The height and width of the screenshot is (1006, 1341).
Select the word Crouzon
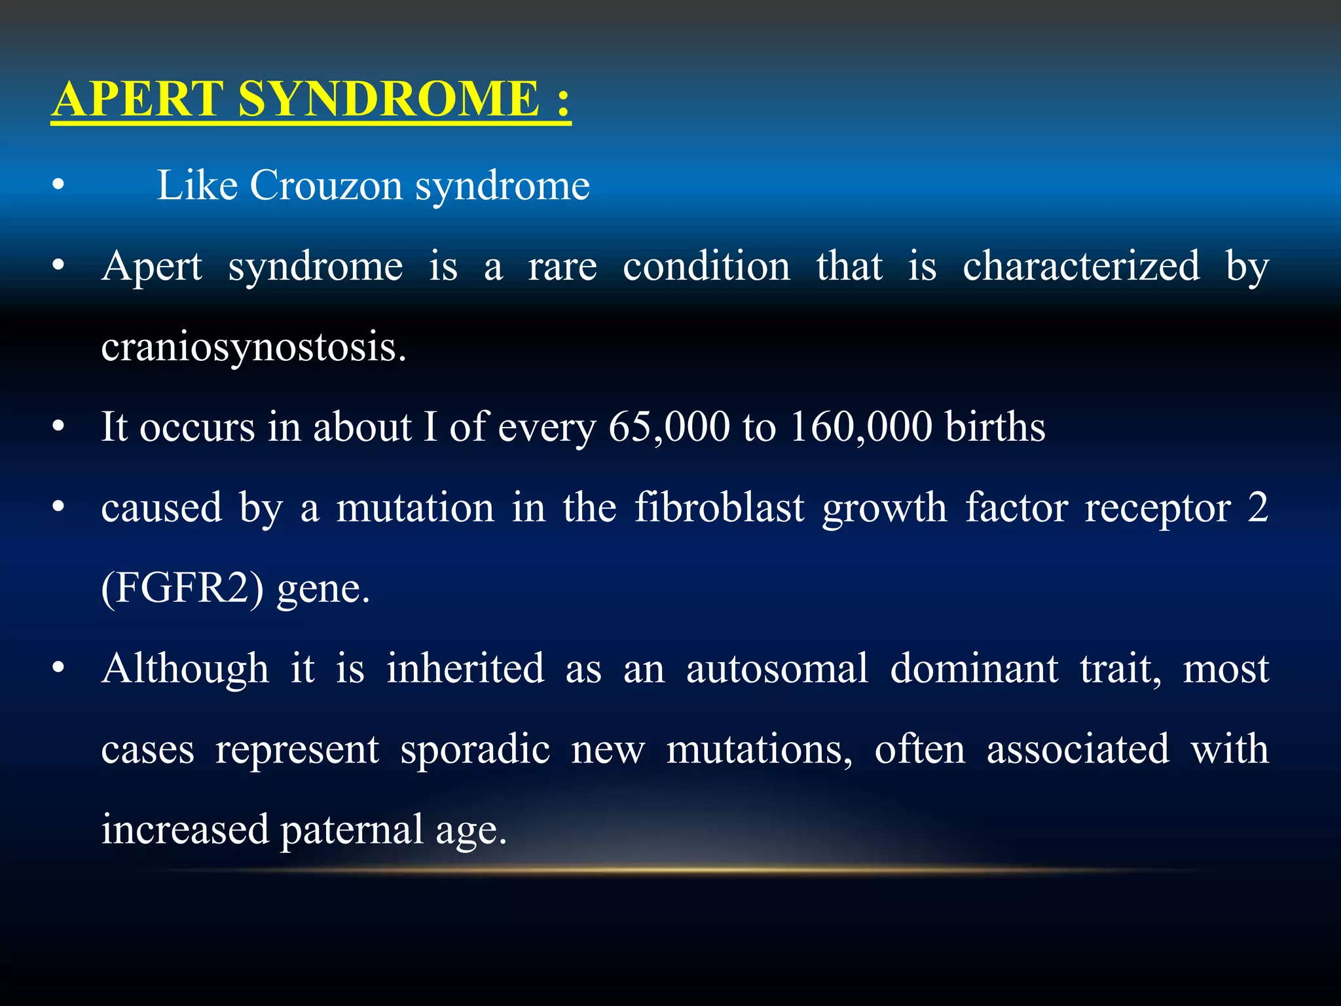(325, 185)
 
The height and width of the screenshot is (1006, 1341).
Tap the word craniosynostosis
(253, 347)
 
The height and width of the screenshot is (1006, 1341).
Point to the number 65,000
(669, 428)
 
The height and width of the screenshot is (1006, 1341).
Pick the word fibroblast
(719, 508)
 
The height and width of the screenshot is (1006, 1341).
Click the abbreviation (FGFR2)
(183, 589)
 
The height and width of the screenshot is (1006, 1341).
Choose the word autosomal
(777, 669)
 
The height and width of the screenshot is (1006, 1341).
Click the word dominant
(974, 669)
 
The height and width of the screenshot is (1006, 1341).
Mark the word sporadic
(475, 750)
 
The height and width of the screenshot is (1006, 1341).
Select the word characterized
(1081, 267)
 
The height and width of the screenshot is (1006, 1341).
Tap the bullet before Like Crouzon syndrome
(59, 186)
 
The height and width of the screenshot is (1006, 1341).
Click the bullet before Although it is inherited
(59, 669)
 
